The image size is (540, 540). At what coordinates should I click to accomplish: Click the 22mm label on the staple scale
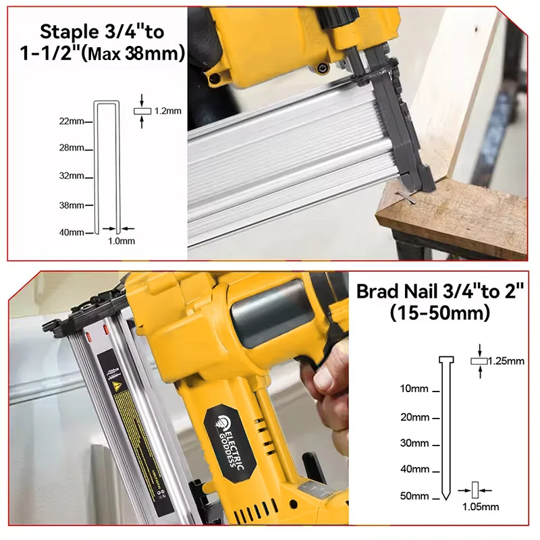click(x=71, y=122)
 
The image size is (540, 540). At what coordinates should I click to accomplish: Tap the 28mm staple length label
click(x=71, y=148)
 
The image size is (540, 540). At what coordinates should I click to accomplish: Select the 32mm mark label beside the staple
click(x=71, y=176)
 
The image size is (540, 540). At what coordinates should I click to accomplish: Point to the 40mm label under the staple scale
click(x=71, y=233)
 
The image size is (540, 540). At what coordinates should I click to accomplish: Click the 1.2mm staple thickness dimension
click(x=168, y=110)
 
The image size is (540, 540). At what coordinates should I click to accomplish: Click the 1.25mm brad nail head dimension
click(x=506, y=361)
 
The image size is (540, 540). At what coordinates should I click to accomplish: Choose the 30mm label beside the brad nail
click(x=414, y=443)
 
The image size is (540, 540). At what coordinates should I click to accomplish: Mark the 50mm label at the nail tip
click(x=414, y=496)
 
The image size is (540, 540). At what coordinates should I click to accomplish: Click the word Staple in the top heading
click(x=67, y=32)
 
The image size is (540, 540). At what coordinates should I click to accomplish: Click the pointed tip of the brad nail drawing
click(x=446, y=498)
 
